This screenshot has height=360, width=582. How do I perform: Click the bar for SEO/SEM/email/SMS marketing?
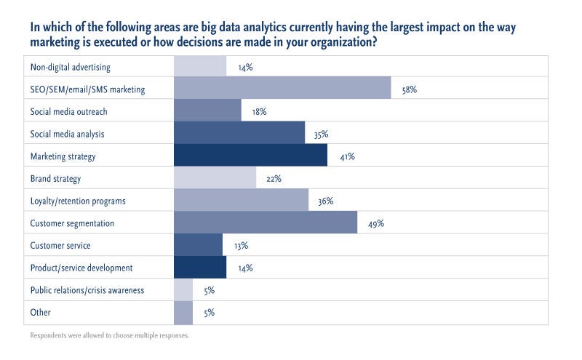[x=282, y=89]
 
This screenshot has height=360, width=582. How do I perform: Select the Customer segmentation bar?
[x=266, y=223]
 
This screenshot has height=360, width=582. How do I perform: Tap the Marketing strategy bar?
[x=250, y=156]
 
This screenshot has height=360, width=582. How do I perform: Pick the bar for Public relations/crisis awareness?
[x=183, y=290]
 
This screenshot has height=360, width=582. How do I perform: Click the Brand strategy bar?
[x=215, y=178]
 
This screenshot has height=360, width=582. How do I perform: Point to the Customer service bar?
[x=198, y=246]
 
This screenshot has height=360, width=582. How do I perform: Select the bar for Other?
[x=183, y=313]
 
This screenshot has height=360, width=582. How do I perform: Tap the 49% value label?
[x=375, y=224]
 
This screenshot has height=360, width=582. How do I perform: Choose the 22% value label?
[x=274, y=179]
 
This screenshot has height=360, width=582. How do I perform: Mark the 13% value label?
[x=240, y=247]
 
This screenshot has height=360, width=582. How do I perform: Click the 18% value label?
[x=258, y=113]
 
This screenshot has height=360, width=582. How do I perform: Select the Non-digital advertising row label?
[x=70, y=68]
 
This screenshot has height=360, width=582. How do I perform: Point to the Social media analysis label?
[x=66, y=135]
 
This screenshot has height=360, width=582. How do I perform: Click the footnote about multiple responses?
[x=109, y=336]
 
